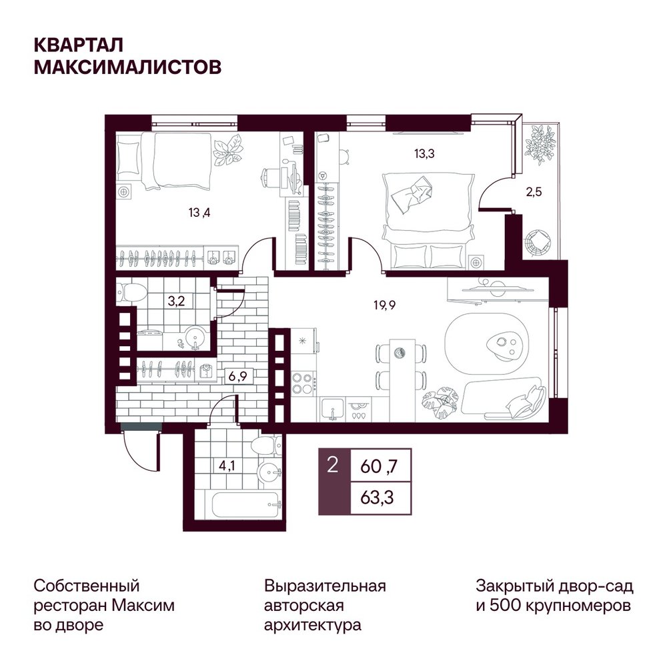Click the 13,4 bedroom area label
coord(199,212)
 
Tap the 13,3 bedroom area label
coord(424,153)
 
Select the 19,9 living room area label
coord(385,305)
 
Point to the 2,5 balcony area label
coord(534,192)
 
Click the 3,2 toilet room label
coord(176,301)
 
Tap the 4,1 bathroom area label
coord(227,466)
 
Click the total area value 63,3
coord(377,498)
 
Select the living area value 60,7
coord(379,467)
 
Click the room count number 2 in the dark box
coord(333,466)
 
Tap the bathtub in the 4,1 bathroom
coord(247,506)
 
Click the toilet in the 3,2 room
coord(131,292)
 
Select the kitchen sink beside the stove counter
coord(333,410)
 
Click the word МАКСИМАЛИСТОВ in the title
coord(127,67)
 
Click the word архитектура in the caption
coord(313,625)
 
